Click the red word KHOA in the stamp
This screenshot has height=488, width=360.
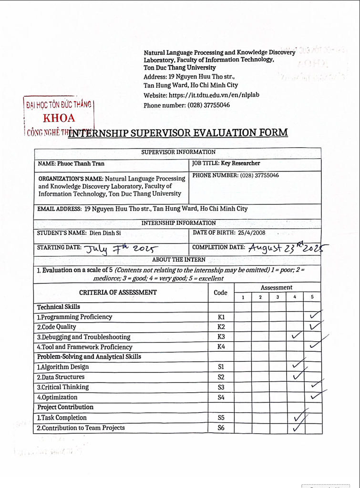click(59, 118)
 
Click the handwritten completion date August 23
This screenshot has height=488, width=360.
click(272, 247)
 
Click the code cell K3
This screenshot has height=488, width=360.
click(221, 337)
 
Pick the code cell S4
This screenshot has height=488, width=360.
click(221, 397)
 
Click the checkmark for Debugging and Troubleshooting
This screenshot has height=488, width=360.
click(296, 336)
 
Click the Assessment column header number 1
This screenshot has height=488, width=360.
click(243, 297)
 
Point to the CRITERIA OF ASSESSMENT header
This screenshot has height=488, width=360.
click(118, 292)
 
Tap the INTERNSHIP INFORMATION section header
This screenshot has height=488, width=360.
click(178, 223)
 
